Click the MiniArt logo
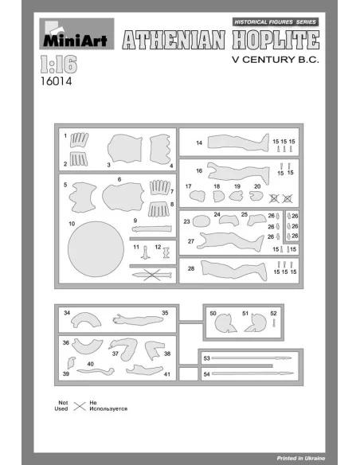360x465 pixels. [x=76, y=33]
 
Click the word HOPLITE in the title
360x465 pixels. [x=276, y=40]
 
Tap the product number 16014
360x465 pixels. [x=56, y=81]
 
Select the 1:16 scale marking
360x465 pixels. [x=59, y=64]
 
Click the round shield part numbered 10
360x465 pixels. [x=96, y=249]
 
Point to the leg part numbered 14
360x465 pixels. [x=238, y=143]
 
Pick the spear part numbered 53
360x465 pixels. [x=252, y=358]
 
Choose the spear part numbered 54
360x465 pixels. [x=252, y=373]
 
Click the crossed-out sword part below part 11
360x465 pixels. [x=152, y=275]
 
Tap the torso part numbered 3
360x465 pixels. [x=125, y=148]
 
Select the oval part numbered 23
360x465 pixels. [x=202, y=221]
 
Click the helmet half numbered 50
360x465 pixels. [x=225, y=323]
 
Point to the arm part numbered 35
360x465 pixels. [x=138, y=320]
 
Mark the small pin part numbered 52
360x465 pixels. [x=274, y=323]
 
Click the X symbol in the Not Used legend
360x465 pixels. [x=80, y=406]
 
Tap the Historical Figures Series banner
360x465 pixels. [x=276, y=22]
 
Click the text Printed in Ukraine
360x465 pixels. [x=301, y=458]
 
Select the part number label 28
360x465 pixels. [x=191, y=268]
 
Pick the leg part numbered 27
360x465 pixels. [x=230, y=240]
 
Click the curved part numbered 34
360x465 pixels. [x=86, y=318]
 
